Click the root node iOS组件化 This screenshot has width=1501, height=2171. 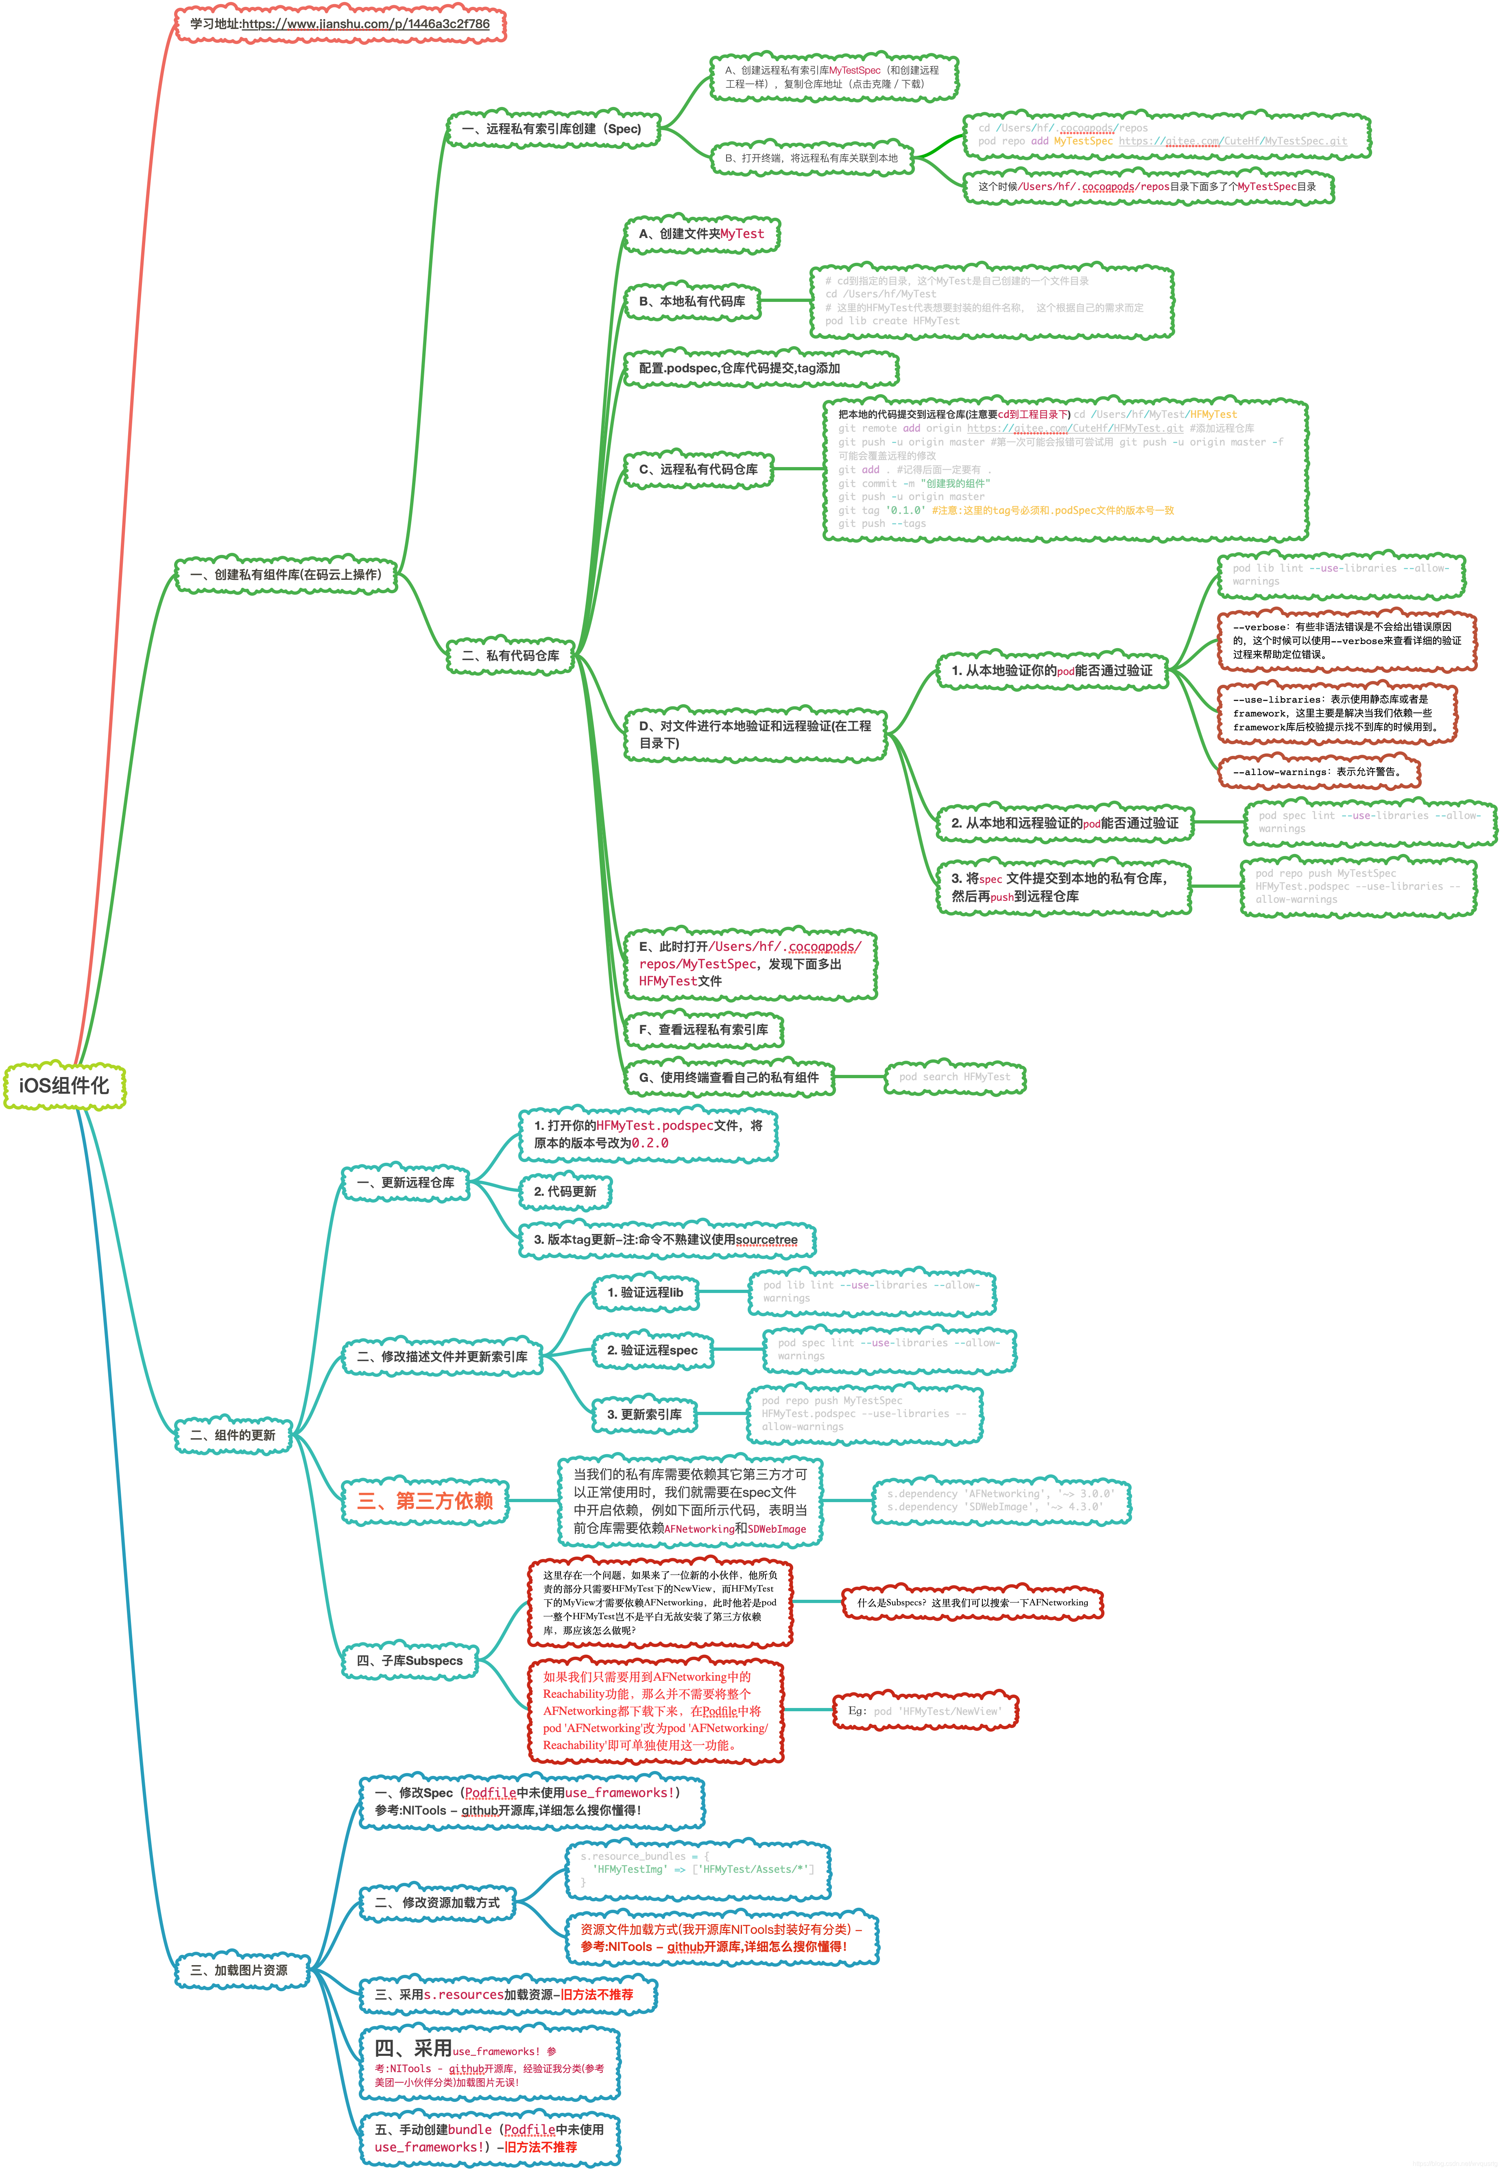(x=64, y=1085)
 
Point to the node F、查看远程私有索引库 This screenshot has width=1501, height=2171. (x=703, y=1029)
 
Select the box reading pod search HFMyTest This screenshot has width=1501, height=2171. (x=955, y=1077)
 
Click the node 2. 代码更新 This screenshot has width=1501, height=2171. (x=565, y=1191)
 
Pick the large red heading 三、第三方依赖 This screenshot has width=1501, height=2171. (x=425, y=1500)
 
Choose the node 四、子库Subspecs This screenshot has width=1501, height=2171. (x=410, y=1660)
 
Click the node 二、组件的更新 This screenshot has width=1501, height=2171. (x=233, y=1435)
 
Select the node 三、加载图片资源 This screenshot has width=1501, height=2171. (x=240, y=1970)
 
